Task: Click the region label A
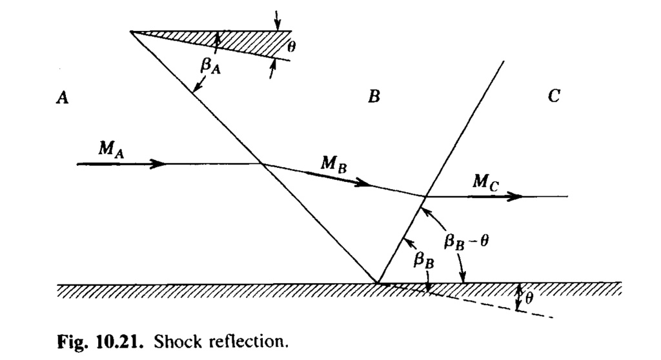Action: click(x=63, y=97)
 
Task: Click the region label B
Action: click(x=374, y=97)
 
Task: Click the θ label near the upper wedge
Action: click(x=283, y=46)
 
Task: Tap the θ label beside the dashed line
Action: click(x=529, y=297)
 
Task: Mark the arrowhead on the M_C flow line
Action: click(x=515, y=196)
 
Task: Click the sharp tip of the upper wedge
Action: click(x=131, y=31)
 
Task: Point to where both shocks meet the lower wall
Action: click(x=377, y=283)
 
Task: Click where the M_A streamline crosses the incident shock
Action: click(x=261, y=164)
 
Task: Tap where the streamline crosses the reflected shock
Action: click(x=425, y=195)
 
